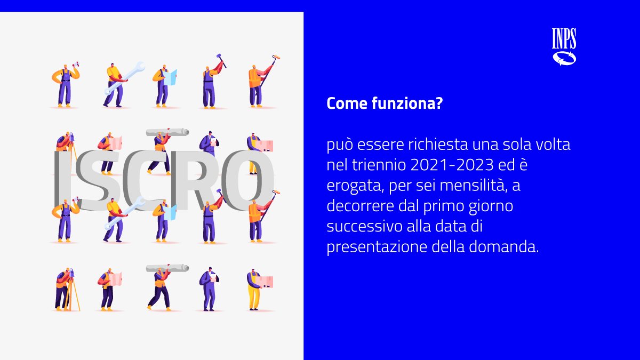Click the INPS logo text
click(564, 38)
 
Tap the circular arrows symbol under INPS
click(564, 58)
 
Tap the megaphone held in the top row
click(76, 65)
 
